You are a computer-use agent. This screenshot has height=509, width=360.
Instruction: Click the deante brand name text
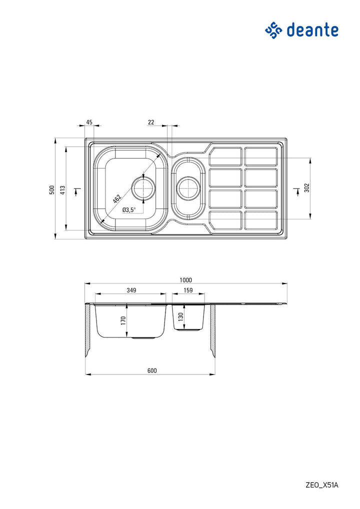pyautogui.click(x=312, y=30)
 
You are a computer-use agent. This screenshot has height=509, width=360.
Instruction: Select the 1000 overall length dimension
pyautogui.click(x=185, y=280)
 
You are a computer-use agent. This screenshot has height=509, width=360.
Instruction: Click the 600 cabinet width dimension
pyautogui.click(x=152, y=370)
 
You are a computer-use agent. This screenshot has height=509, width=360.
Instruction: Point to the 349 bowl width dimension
pyautogui.click(x=131, y=290)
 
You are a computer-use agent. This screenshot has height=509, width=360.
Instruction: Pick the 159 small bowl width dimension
pyautogui.click(x=188, y=290)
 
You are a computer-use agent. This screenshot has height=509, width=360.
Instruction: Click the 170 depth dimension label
pyautogui.click(x=123, y=320)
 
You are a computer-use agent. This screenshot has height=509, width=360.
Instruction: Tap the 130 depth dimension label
pyautogui.click(x=181, y=316)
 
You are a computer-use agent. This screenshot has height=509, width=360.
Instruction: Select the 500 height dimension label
pyautogui.click(x=51, y=190)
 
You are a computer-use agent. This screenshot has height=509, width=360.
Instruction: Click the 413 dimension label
pyautogui.click(x=63, y=190)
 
